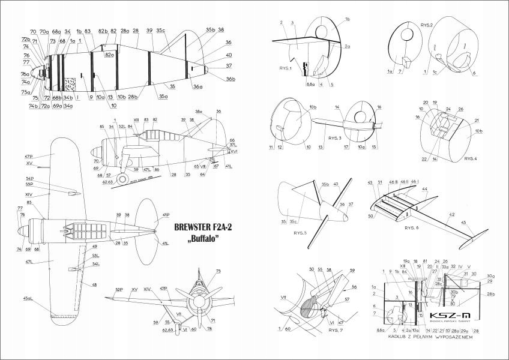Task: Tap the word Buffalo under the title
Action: tap(201, 239)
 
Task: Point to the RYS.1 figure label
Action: tap(286, 68)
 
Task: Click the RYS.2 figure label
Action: tap(427, 26)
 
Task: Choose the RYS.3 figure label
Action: tap(335, 138)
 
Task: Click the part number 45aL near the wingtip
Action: tap(28, 298)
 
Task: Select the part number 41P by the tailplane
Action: tap(165, 214)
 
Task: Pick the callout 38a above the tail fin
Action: tap(199, 112)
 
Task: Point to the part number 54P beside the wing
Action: tap(29, 179)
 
